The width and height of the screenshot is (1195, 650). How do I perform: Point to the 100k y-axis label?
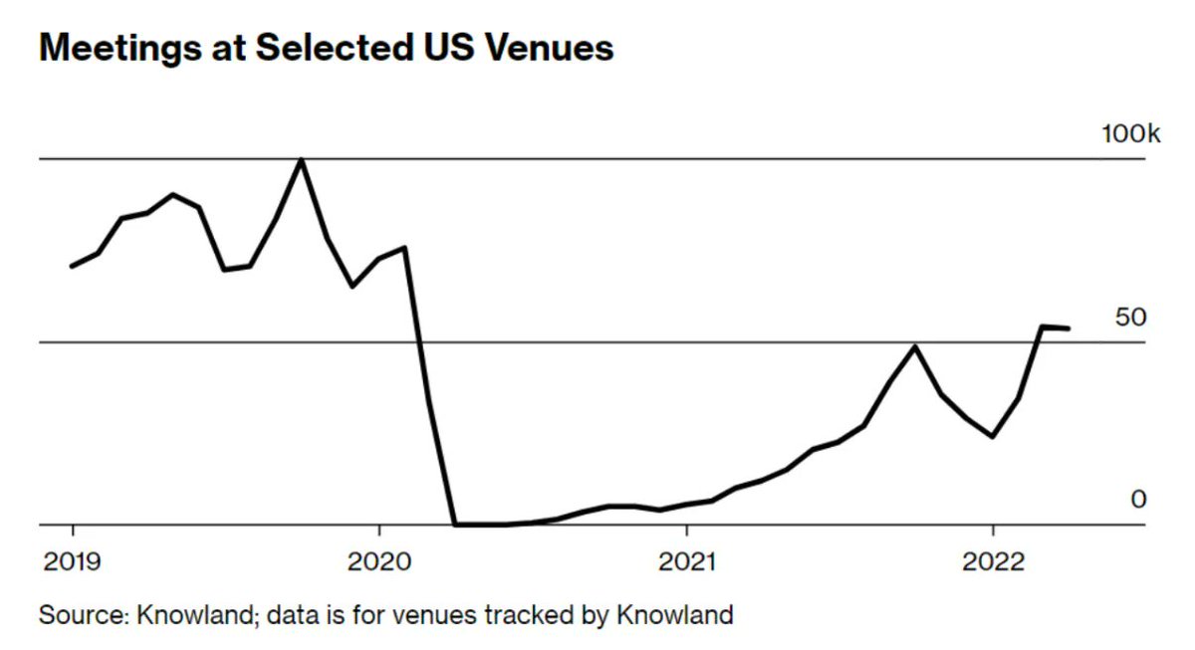[1130, 134]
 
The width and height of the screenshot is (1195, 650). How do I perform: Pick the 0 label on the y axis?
[1138, 499]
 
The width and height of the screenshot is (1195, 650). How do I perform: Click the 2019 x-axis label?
[73, 562]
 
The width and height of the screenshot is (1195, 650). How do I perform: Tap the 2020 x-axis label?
[379, 562]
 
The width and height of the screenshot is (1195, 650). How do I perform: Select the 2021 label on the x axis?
[686, 562]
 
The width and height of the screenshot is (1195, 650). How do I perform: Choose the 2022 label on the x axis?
[993, 562]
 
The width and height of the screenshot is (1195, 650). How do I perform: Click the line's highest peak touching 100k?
[302, 159]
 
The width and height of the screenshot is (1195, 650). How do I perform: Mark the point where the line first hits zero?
[455, 524]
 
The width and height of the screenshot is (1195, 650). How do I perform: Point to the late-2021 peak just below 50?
[915, 346]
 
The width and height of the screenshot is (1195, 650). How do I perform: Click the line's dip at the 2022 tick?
[993, 436]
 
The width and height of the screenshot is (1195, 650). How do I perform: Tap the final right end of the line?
[1069, 327]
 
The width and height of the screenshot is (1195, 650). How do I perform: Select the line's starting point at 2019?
[72, 266]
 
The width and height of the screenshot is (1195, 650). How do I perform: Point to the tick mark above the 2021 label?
[686, 532]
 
